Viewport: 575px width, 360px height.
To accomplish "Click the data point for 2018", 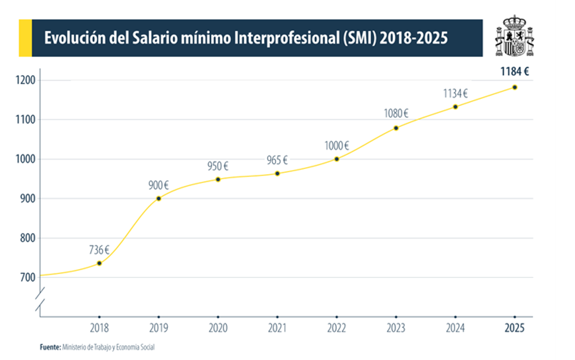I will click(100, 263).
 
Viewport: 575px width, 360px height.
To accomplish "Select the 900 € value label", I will click(159, 185).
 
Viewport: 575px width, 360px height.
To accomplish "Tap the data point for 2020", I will click(218, 180).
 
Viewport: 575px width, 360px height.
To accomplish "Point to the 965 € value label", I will click(278, 161).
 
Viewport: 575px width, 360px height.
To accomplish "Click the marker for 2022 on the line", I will click(336, 159).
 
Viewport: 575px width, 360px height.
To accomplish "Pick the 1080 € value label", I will click(396, 114).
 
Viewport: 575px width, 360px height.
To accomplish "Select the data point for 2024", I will click(455, 107).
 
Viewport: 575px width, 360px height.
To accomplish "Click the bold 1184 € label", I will click(514, 72).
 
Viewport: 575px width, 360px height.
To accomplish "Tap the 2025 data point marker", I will click(515, 87).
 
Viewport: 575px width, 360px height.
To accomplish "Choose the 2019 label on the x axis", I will click(158, 328).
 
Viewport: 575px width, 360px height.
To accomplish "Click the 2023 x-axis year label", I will click(396, 328).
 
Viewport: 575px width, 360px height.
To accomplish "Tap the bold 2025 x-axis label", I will click(515, 328).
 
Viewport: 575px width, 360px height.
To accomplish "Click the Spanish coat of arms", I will click(515, 37).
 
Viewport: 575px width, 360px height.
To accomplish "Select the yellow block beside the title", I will click(25, 38).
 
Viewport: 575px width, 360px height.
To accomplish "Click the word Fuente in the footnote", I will click(50, 347).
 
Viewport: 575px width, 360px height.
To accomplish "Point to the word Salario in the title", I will click(162, 38).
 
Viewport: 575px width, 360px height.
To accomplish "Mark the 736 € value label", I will click(100, 250).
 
